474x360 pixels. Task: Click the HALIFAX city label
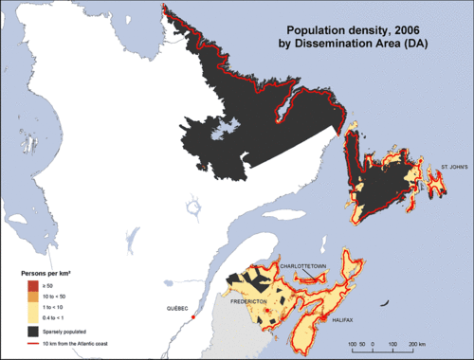(344, 321)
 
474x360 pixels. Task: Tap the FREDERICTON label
(251, 301)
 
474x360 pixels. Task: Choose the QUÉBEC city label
(178, 310)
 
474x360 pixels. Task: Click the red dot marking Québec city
(192, 318)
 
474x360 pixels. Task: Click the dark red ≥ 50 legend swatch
(32, 284)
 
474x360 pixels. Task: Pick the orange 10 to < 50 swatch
(32, 296)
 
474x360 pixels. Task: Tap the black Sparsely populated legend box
(32, 331)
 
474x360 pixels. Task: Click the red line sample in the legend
(32, 343)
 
